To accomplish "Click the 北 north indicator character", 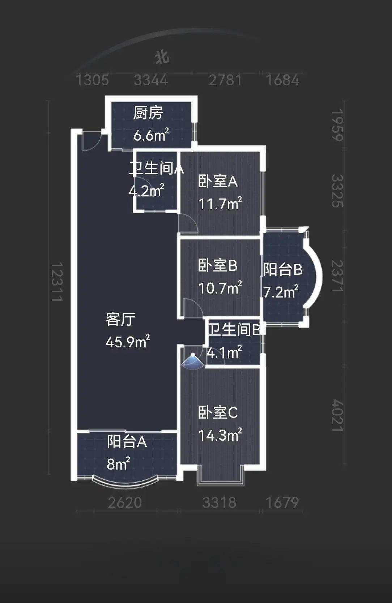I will [162, 57].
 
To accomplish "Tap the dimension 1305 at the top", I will [92, 80].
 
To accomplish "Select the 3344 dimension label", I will [151, 80].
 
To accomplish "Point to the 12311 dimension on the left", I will [56, 282].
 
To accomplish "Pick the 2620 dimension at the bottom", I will [125, 502].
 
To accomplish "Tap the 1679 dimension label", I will [282, 502].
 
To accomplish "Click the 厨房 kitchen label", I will [148, 113].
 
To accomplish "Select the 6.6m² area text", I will [151, 135].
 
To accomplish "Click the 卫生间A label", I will [156, 168].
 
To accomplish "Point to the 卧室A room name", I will [218, 181].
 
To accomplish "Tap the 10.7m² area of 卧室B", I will [220, 288].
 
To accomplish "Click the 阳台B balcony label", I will [282, 270].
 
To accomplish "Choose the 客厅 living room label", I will [120, 319].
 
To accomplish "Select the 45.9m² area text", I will [128, 342].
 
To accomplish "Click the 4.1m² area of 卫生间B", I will [224, 352].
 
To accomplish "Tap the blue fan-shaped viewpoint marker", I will [193, 362].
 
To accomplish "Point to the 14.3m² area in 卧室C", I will [220, 435].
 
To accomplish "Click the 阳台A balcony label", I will [127, 442].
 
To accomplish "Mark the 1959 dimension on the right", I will [337, 125].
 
